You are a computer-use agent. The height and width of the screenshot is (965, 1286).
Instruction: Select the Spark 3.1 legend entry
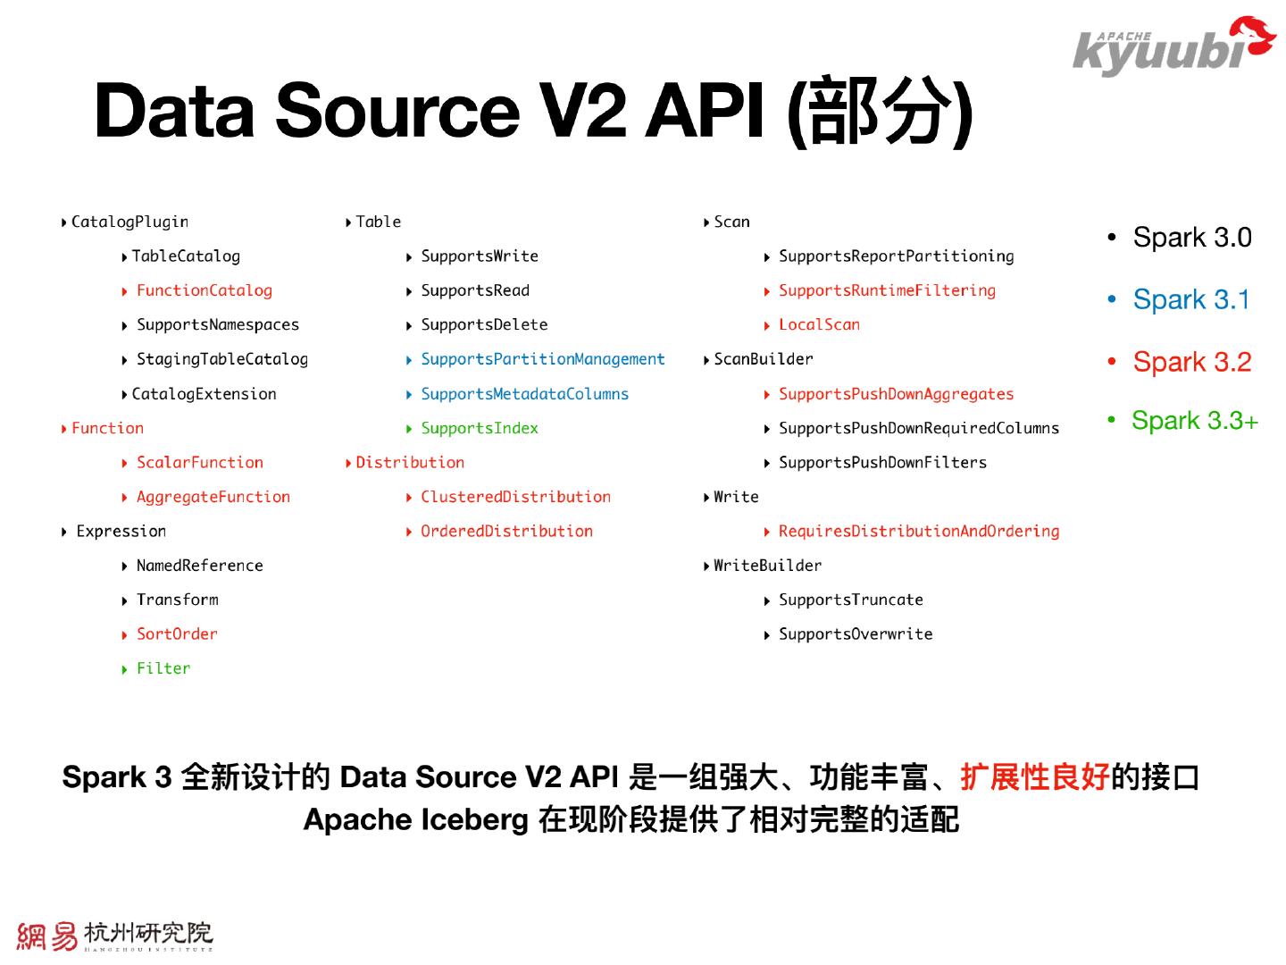pyautogui.click(x=1191, y=300)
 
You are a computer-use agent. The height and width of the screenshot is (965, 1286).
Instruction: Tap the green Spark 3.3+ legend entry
pyautogui.click(x=1194, y=421)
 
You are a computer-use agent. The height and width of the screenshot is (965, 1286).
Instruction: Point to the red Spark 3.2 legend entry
pyautogui.click(x=1191, y=362)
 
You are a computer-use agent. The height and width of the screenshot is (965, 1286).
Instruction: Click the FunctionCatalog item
pyautogui.click(x=204, y=290)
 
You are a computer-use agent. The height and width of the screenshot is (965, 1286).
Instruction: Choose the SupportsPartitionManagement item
pyautogui.click(x=542, y=359)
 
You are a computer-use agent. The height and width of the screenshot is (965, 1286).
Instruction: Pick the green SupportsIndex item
pyautogui.click(x=479, y=428)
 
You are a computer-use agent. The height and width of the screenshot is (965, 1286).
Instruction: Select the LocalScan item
pyautogui.click(x=819, y=324)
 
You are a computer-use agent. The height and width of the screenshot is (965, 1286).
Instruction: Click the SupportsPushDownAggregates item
pyautogui.click(x=896, y=394)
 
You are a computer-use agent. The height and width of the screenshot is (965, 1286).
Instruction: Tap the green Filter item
pyautogui.click(x=163, y=668)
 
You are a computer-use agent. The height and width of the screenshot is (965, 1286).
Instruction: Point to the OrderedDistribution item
pyautogui.click(x=506, y=532)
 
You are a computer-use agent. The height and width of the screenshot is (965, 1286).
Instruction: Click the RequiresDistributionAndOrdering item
pyautogui.click(x=918, y=532)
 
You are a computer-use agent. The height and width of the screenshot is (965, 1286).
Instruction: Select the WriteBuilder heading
pyautogui.click(x=767, y=566)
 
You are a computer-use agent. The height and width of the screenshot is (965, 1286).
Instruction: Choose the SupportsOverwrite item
pyautogui.click(x=855, y=634)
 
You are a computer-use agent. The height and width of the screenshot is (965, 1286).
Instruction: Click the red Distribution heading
pyautogui.click(x=410, y=463)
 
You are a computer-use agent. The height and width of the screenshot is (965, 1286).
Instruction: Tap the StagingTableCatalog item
pyautogui.click(x=221, y=359)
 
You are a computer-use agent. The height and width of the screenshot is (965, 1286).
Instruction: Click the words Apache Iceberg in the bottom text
pyautogui.click(x=416, y=819)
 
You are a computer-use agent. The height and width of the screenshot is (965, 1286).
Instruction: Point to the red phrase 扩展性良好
pyautogui.click(x=1034, y=777)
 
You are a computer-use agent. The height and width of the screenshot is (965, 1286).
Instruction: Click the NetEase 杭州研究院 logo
pyautogui.click(x=115, y=936)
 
